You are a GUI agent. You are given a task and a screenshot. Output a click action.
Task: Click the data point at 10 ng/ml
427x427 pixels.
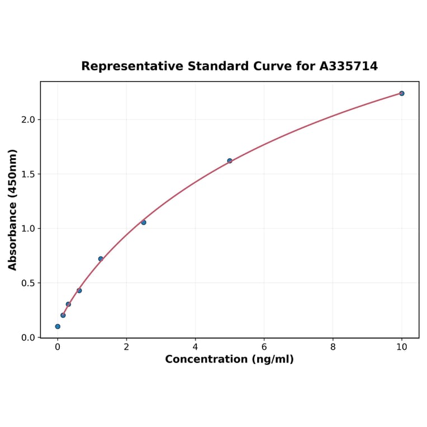(401, 93)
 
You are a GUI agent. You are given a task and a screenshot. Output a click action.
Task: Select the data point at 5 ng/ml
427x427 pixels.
(230, 161)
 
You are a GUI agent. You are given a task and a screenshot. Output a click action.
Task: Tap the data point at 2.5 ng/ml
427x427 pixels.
(144, 222)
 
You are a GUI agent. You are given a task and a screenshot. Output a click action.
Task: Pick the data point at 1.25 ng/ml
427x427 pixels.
(101, 259)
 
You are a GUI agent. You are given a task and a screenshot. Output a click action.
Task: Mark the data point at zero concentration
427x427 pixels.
(58, 326)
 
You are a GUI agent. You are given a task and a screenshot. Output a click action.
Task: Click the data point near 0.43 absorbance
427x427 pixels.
(79, 291)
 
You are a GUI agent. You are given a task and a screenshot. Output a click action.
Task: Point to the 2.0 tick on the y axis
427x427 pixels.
(28, 120)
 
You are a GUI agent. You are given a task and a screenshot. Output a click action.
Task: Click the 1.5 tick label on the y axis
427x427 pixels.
(28, 174)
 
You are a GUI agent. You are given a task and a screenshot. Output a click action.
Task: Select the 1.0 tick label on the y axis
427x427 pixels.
(28, 229)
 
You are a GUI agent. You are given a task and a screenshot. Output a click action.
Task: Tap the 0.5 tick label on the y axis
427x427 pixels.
(28, 283)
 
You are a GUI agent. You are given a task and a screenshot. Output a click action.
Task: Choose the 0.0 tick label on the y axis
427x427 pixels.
(28, 338)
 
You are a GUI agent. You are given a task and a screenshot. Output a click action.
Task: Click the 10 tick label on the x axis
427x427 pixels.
(401, 347)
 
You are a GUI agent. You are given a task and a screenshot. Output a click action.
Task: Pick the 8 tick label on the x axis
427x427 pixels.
(333, 347)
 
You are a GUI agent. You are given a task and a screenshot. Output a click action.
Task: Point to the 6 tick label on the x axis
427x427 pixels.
(264, 347)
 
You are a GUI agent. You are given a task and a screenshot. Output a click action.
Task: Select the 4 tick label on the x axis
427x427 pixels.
(195, 347)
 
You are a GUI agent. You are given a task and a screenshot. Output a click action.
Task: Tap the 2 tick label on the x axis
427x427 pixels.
(126, 347)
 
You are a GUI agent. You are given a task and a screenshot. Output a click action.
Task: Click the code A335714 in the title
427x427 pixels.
(348, 67)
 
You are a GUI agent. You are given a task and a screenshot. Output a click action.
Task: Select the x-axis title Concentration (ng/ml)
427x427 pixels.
(229, 359)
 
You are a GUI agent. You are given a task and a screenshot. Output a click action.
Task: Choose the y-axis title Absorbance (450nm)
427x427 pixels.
(13, 210)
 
